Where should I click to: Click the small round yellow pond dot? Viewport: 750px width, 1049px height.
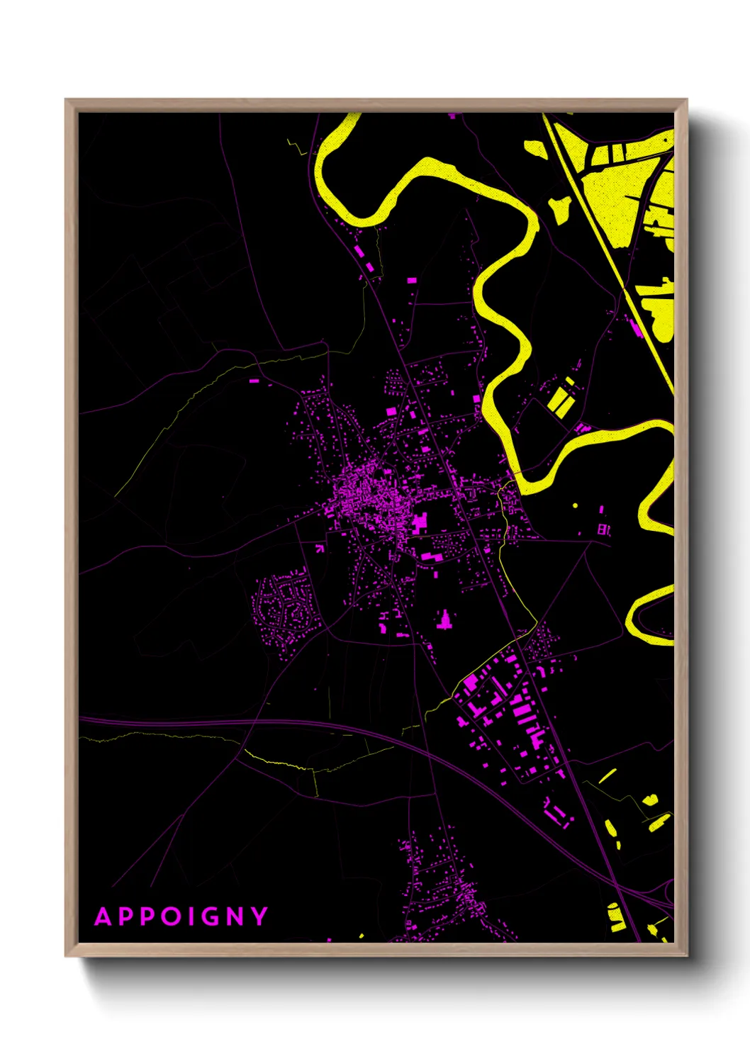(x=575, y=505)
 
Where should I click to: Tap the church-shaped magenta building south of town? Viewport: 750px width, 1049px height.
(x=444, y=621)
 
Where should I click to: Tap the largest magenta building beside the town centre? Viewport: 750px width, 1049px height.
(x=420, y=522)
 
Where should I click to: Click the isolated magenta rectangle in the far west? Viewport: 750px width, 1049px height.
(x=254, y=381)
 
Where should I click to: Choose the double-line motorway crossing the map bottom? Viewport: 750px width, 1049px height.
(x=284, y=723)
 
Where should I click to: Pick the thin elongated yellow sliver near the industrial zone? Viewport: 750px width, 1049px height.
(x=607, y=776)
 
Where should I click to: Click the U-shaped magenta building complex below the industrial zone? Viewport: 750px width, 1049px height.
(x=558, y=812)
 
